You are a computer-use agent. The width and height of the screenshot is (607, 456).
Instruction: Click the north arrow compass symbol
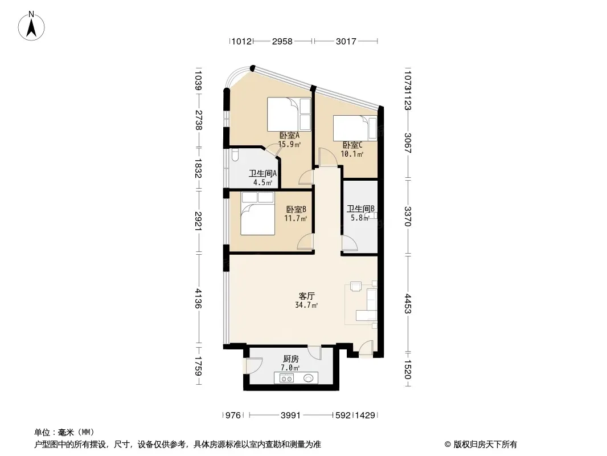(31, 26)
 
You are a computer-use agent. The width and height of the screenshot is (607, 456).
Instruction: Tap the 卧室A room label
(290, 136)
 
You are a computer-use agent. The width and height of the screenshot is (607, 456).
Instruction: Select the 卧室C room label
(352, 145)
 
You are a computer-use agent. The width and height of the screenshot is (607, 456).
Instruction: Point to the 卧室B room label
(296, 210)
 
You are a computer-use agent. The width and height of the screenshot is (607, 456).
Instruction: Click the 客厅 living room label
(306, 296)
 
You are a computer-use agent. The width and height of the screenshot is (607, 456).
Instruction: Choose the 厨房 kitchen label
(290, 359)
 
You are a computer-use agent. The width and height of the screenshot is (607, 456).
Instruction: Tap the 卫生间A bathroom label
(263, 174)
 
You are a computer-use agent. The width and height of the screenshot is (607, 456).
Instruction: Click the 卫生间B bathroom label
(361, 209)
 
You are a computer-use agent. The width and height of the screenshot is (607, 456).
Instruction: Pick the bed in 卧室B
(258, 214)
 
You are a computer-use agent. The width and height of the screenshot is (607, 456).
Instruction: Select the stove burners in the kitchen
(286, 378)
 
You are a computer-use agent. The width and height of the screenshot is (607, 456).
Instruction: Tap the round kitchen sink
(309, 378)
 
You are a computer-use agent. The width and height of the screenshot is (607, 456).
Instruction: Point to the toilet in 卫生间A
(235, 155)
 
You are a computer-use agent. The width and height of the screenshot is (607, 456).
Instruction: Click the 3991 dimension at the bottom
(291, 416)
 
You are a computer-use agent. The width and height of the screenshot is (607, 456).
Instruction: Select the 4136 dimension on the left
(199, 298)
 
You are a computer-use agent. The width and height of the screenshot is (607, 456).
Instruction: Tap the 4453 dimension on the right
(408, 303)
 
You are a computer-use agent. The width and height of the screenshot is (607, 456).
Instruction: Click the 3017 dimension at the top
(346, 41)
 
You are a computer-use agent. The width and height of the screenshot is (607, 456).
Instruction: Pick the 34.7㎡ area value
(306, 306)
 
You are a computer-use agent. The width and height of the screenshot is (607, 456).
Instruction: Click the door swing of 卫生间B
(350, 244)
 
